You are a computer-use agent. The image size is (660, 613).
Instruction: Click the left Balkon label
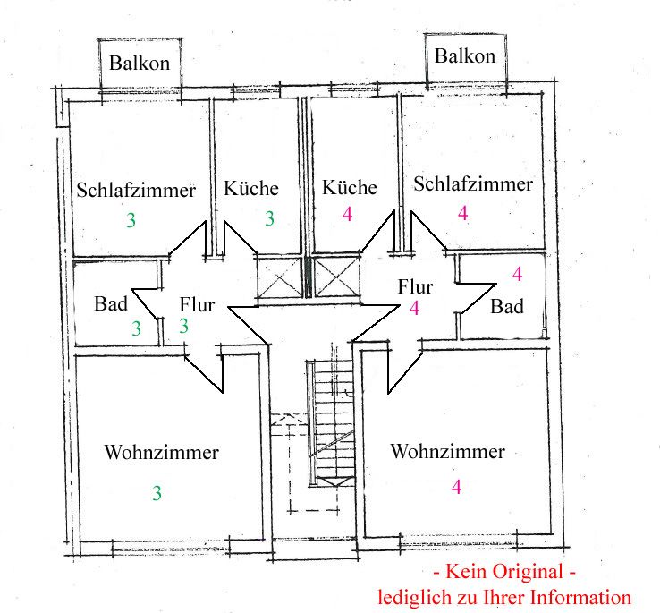click(140, 64)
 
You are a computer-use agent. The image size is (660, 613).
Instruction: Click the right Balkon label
click(464, 56)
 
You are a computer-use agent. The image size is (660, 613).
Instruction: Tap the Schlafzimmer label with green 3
click(136, 191)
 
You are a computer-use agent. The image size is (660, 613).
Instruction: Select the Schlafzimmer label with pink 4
click(473, 184)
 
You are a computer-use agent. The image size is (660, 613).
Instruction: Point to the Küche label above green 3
click(251, 189)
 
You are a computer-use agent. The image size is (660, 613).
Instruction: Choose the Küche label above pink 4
click(350, 188)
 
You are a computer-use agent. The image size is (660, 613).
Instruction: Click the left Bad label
click(111, 303)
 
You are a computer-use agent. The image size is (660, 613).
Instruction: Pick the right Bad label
click(507, 306)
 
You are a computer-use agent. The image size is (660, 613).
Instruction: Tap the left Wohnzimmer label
click(161, 452)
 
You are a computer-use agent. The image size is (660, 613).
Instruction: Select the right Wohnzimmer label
click(447, 451)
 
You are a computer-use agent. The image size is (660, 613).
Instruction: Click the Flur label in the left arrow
click(197, 304)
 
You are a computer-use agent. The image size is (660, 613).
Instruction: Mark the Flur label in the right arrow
click(416, 287)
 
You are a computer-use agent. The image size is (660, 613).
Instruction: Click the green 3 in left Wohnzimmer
click(157, 492)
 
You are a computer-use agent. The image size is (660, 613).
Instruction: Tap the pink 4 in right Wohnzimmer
click(457, 488)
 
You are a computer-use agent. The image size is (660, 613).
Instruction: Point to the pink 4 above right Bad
click(517, 273)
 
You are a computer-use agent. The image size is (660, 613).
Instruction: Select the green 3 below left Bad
click(136, 328)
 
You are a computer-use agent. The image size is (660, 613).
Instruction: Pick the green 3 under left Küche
click(269, 217)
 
